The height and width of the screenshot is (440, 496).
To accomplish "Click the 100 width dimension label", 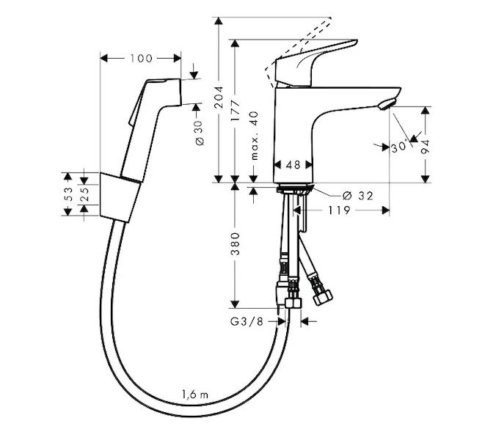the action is click(141, 59).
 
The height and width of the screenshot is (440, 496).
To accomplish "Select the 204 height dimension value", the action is click(219, 97).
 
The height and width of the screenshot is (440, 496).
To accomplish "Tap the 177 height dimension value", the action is click(235, 111).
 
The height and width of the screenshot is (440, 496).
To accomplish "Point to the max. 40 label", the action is click(255, 136).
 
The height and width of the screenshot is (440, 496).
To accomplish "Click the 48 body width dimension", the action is click(293, 165).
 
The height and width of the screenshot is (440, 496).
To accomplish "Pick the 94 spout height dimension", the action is click(426, 147).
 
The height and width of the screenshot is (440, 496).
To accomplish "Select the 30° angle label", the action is click(398, 147).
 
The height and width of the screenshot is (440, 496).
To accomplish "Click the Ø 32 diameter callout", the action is click(358, 196).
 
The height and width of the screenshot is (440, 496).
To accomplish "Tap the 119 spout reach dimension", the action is click(339, 210).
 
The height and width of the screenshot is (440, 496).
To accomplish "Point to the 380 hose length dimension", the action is click(235, 243).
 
